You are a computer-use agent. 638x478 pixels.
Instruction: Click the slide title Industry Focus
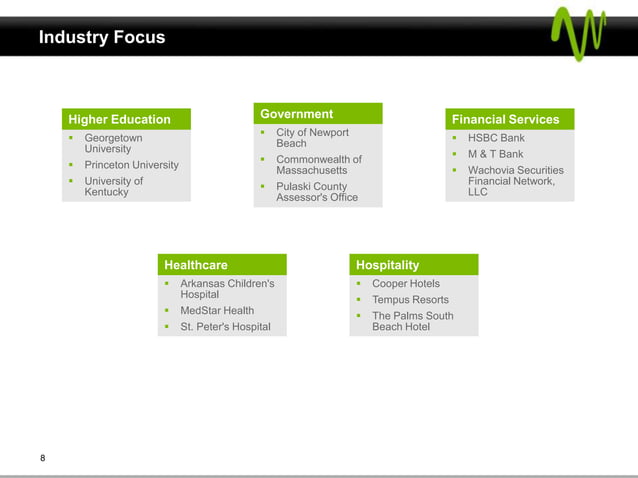(x=102, y=38)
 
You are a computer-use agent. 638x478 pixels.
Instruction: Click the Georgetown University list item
(x=113, y=143)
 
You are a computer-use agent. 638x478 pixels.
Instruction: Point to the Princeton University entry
(x=131, y=165)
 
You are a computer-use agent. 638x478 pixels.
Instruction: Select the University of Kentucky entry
(x=113, y=186)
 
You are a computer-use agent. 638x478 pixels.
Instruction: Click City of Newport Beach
(x=312, y=138)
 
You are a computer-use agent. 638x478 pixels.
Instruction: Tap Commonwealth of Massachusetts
(x=318, y=165)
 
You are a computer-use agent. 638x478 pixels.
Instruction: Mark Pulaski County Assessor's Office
(x=316, y=192)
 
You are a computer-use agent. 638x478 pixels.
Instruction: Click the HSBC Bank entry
(x=496, y=138)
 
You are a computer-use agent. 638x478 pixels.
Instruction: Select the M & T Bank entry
(x=495, y=154)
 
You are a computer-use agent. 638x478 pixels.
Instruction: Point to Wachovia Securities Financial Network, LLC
(x=515, y=181)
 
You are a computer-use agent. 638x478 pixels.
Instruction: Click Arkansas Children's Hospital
(x=226, y=289)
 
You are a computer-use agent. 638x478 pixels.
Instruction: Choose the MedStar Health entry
(x=216, y=311)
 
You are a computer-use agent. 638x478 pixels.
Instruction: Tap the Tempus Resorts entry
(x=410, y=300)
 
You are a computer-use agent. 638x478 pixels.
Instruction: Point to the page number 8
(x=43, y=458)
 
